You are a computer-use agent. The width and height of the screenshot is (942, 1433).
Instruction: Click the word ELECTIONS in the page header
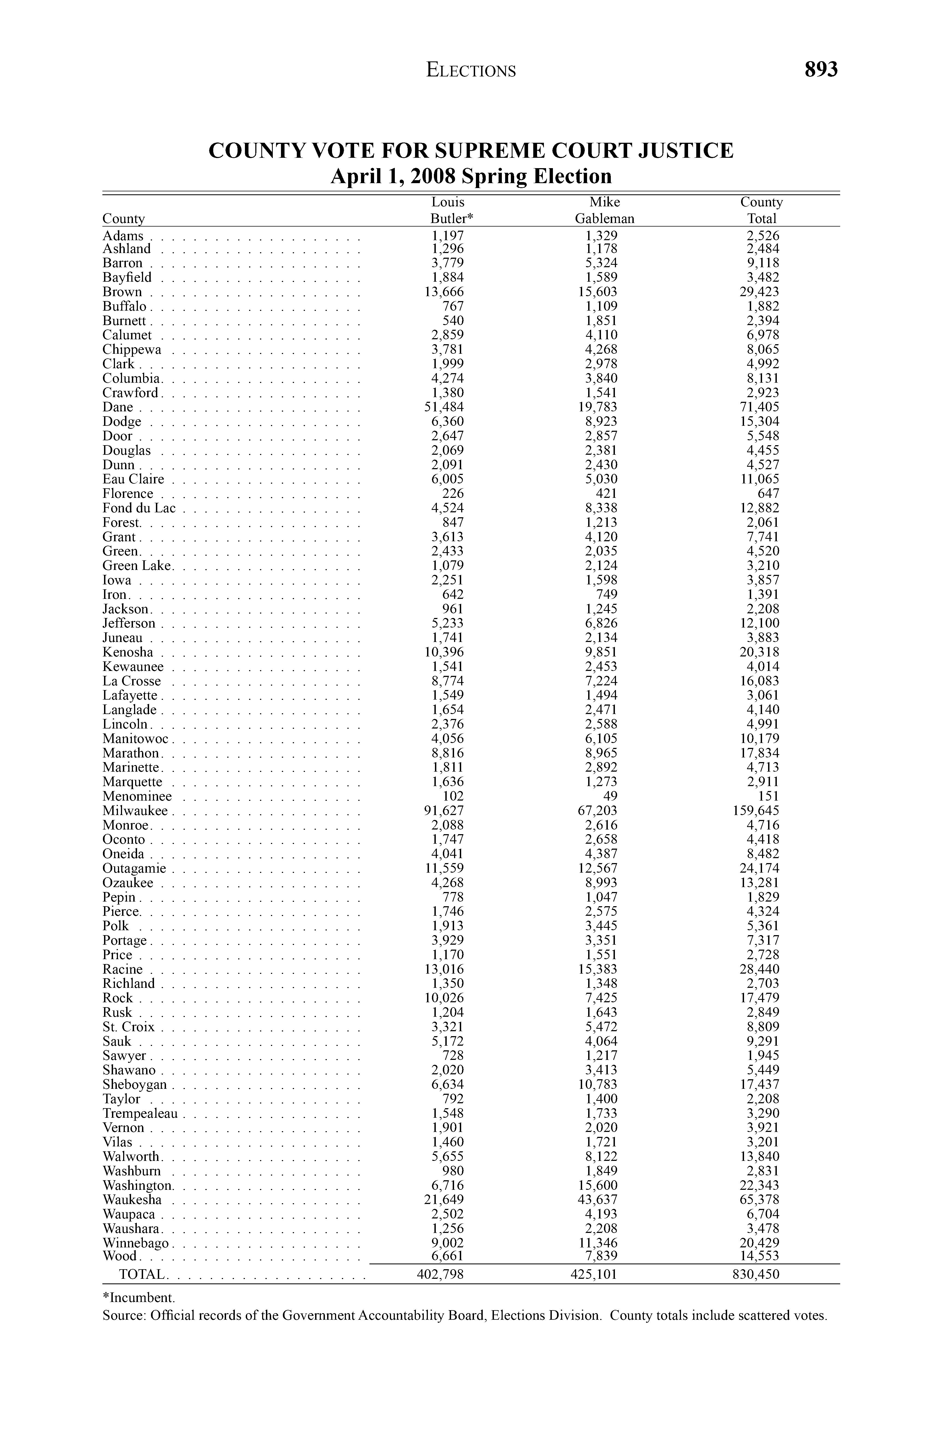coord(471,70)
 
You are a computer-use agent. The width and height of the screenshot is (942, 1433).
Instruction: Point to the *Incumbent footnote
coord(138,1297)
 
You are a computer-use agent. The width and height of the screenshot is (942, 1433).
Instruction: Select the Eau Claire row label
coord(133,479)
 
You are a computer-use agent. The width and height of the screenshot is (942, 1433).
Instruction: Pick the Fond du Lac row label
coord(139,508)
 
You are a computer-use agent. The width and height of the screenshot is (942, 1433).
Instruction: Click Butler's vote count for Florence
coord(452,494)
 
